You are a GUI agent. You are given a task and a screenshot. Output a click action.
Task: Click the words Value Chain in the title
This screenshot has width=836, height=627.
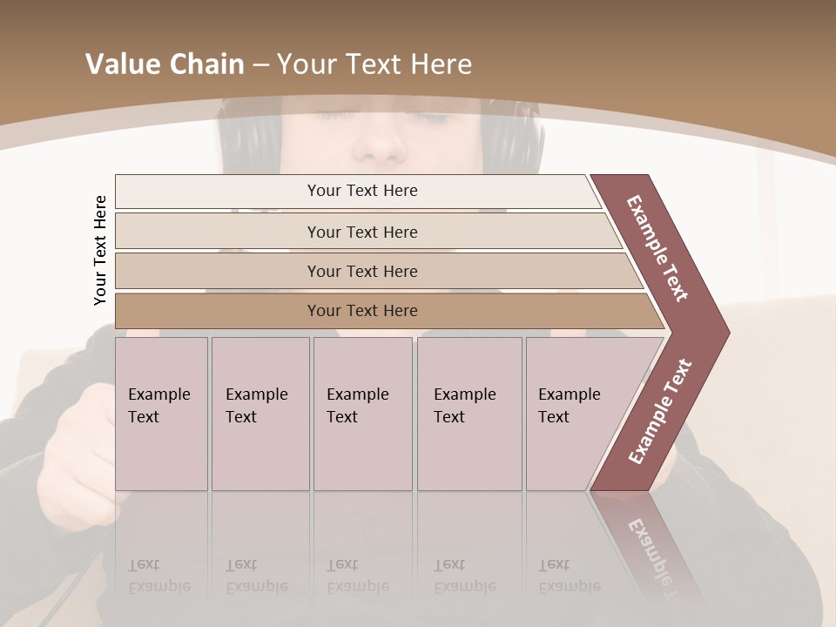(x=165, y=64)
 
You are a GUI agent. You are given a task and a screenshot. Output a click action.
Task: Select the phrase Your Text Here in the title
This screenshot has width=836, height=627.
(x=374, y=64)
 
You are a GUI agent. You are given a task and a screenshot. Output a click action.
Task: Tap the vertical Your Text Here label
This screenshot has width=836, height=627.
(x=100, y=250)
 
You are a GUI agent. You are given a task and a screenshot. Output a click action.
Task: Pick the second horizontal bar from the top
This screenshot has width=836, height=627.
(x=362, y=232)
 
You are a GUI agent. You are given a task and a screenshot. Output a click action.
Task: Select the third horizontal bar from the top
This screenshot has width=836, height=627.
(x=362, y=271)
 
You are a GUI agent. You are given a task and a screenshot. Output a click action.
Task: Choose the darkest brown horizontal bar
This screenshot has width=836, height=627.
(x=362, y=311)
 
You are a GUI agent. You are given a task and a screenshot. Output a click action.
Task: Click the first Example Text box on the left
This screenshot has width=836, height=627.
(x=161, y=414)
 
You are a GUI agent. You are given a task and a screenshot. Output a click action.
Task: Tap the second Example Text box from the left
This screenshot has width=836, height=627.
(x=260, y=414)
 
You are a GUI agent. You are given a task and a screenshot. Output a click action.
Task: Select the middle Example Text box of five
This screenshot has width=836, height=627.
(x=362, y=414)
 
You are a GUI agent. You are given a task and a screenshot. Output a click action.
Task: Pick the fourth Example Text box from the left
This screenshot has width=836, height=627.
(x=469, y=414)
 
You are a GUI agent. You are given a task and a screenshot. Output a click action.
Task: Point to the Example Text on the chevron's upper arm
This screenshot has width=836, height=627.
(x=657, y=248)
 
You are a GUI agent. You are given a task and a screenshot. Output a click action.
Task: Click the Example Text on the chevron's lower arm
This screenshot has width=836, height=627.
(x=660, y=411)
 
